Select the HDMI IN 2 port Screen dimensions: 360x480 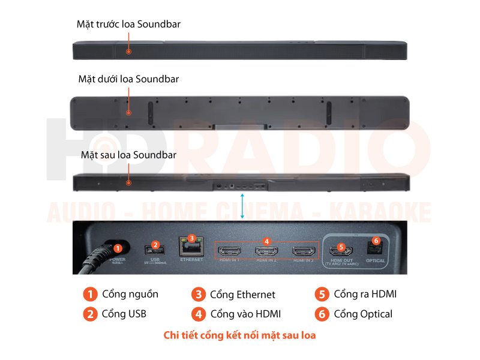click(x=266, y=251)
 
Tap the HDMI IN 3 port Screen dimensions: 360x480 click(x=304, y=251)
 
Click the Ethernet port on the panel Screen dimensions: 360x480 click(x=191, y=247)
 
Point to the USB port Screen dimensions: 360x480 click(x=152, y=250)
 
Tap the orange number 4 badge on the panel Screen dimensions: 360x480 click(x=266, y=241)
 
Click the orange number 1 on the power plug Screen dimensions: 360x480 click(x=118, y=248)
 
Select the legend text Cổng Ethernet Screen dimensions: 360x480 click(x=242, y=295)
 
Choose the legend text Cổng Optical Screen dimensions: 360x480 click(x=363, y=314)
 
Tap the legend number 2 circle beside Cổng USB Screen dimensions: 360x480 click(x=91, y=314)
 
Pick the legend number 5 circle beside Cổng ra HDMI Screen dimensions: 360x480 click(x=322, y=294)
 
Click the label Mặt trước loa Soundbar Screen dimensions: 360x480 click(x=128, y=25)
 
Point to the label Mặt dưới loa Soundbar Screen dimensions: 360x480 click(x=128, y=79)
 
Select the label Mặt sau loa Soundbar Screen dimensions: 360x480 click(x=128, y=155)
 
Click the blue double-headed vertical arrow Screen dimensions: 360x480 click(x=242, y=206)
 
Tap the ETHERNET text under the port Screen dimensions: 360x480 click(x=191, y=260)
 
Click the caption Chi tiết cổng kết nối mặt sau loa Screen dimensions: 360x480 click(x=239, y=335)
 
